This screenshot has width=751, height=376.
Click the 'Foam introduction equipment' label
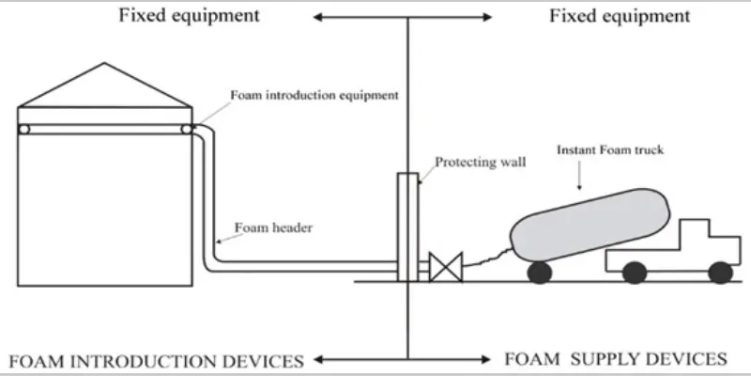point(315,95)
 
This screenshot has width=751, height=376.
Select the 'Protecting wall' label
point(480,162)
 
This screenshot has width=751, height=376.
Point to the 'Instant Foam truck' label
point(606,149)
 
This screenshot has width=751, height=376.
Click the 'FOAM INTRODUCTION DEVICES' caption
point(155,360)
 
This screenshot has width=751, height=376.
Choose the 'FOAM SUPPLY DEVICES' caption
point(615,359)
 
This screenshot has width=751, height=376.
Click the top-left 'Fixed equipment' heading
point(188,16)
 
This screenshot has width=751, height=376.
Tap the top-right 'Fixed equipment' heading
point(620,16)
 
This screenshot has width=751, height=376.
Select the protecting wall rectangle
point(407,226)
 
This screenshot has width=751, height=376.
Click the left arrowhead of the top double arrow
point(317,17)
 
